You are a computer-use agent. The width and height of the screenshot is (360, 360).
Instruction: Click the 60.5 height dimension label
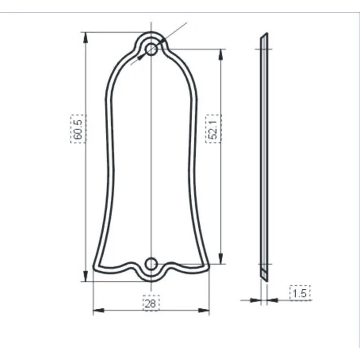(78, 129)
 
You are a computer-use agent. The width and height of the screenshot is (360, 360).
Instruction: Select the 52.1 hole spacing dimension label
(213, 129)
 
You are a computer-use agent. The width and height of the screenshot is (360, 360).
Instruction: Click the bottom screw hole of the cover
(152, 264)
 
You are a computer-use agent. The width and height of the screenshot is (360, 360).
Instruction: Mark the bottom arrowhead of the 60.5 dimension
(85, 276)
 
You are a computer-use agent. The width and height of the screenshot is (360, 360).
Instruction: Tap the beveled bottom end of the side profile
(264, 277)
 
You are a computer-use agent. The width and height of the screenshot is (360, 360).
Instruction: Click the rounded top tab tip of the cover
(151, 33)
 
